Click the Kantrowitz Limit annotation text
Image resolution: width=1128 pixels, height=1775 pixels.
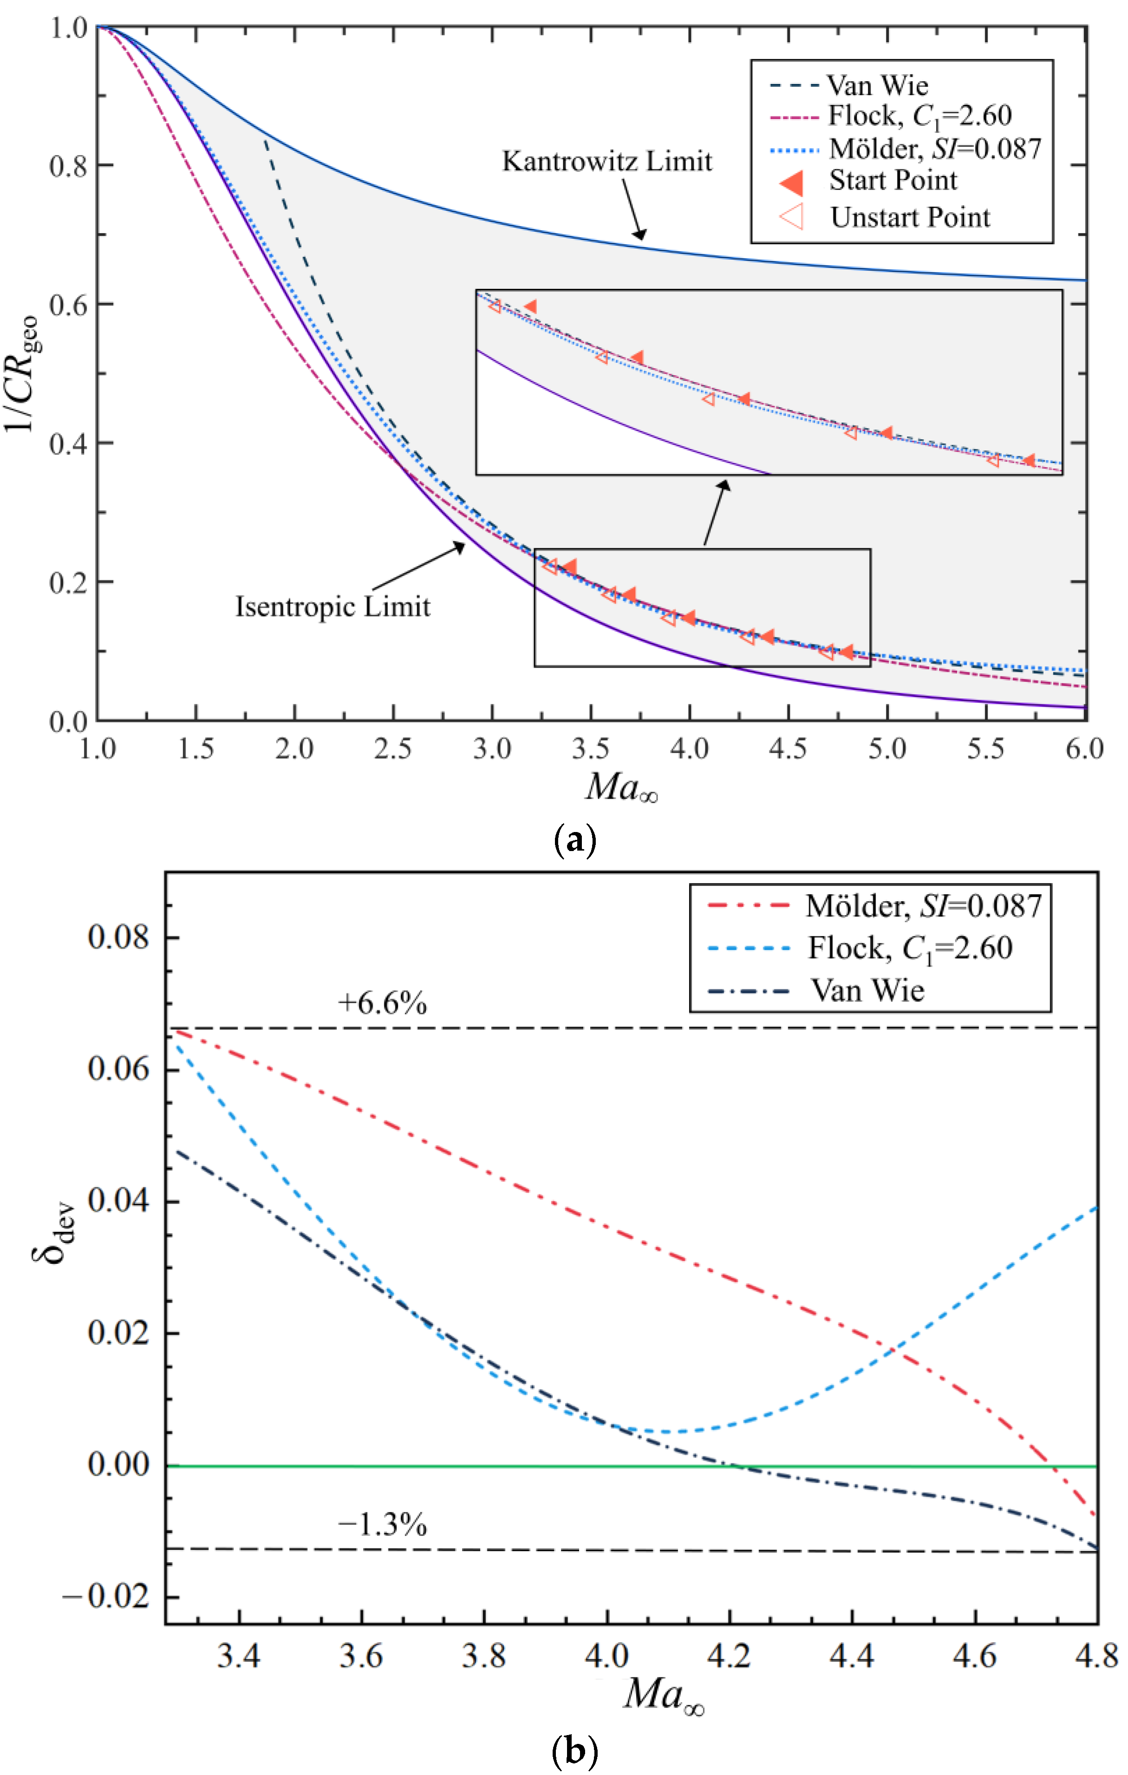point(607,162)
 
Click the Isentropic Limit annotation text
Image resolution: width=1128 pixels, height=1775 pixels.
point(332,607)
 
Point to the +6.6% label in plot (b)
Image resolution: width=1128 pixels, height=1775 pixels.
point(382,1003)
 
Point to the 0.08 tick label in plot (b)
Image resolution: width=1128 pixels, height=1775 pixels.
point(118,937)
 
